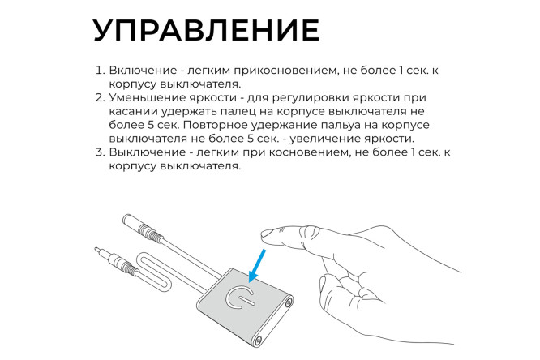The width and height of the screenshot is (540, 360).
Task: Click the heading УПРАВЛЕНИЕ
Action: coord(206,29)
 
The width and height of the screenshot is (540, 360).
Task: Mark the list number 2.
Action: coord(99,96)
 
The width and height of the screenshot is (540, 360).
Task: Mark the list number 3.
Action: coord(99,152)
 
